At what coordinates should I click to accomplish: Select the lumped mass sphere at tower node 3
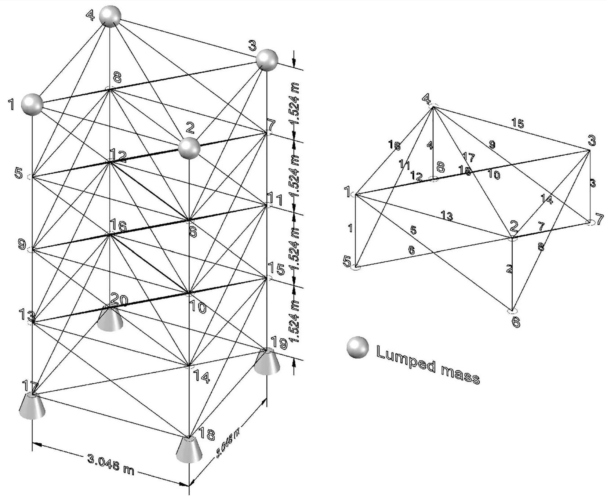[267, 60]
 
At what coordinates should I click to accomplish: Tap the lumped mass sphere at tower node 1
[32, 104]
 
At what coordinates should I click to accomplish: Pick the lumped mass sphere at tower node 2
[189, 148]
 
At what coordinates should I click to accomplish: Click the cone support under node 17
[33, 406]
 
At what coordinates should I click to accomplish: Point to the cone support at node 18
[189, 450]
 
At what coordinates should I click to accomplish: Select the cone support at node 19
[267, 362]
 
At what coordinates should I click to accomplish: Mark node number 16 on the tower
[118, 226]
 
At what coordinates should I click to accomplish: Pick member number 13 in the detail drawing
[447, 216]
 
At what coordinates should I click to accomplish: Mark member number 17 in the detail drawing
[469, 158]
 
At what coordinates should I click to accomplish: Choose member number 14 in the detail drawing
[547, 199]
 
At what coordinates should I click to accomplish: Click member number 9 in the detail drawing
[492, 145]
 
